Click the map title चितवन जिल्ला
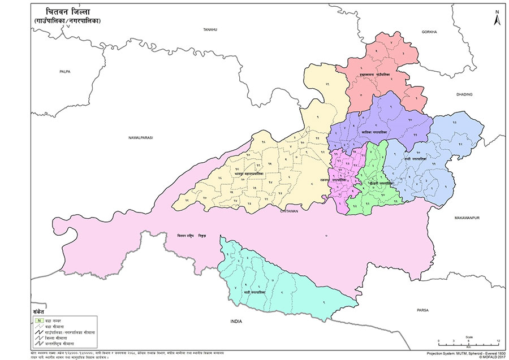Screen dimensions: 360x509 (x=65, y=12)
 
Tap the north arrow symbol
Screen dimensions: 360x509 (x=497, y=18)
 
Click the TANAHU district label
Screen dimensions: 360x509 (x=210, y=29)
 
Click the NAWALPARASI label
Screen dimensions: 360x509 (x=141, y=137)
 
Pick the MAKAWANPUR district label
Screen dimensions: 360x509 (x=466, y=217)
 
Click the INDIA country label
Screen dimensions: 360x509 (x=236, y=321)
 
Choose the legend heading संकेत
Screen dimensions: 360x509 (x=38, y=313)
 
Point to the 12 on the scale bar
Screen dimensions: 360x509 (x=497, y=341)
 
